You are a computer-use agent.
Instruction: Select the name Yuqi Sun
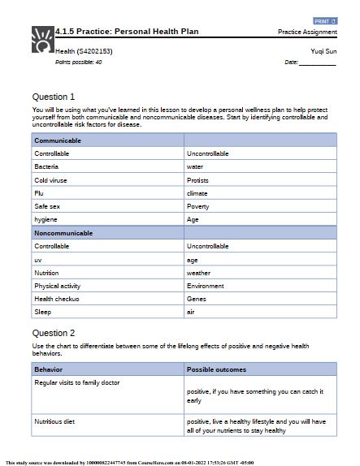click(323, 51)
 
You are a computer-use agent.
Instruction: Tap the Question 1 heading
click(54, 97)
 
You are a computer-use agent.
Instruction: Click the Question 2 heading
click(54, 333)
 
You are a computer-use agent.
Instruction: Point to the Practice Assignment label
click(307, 32)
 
